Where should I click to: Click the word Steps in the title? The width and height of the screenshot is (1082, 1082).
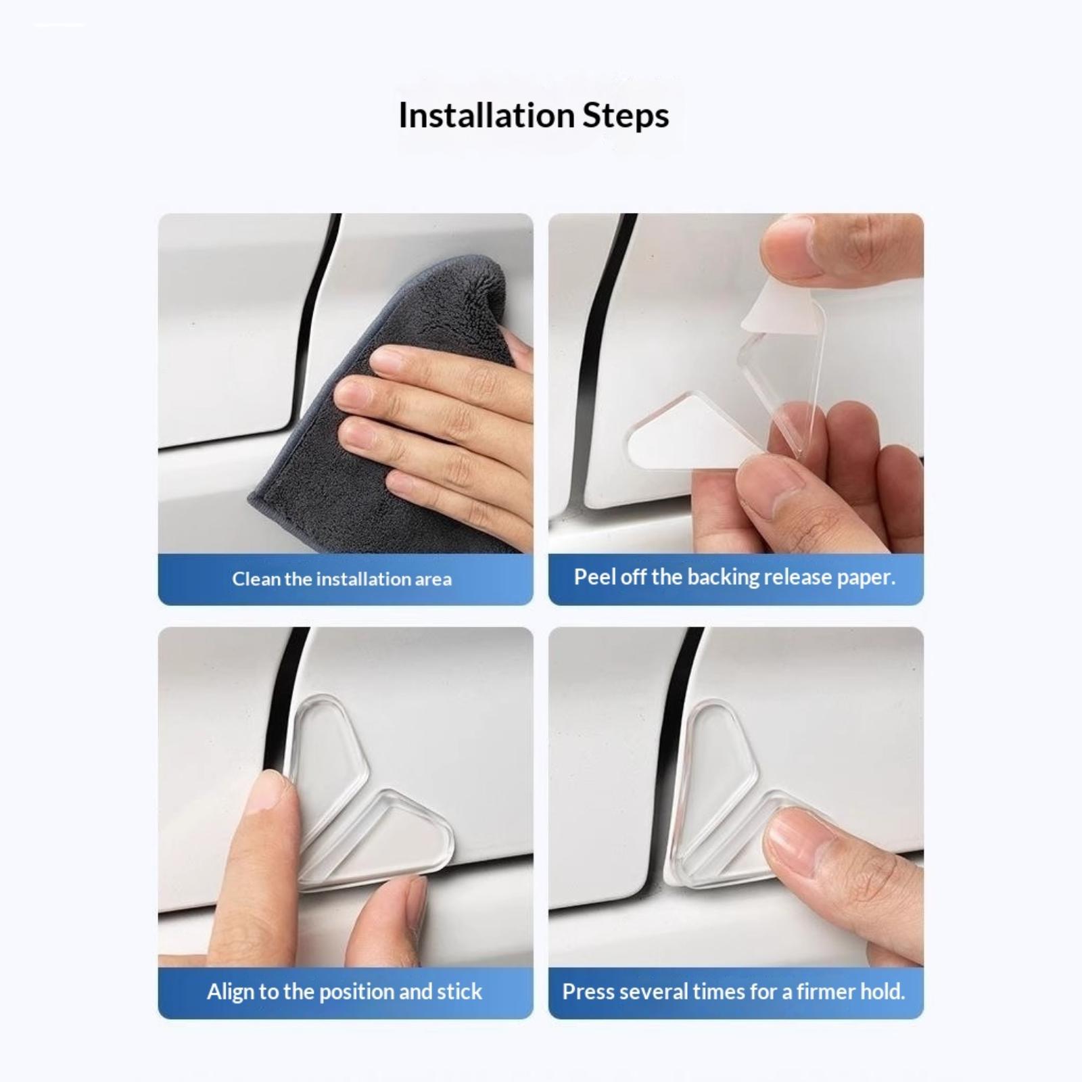pos(626,116)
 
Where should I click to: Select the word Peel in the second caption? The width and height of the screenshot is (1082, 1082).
pos(592,577)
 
